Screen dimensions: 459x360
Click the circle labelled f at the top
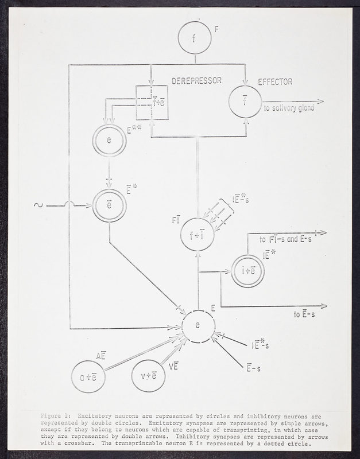(x=195, y=38)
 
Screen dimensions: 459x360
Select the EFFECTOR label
(x=276, y=82)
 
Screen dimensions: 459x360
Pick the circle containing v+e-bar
(x=149, y=376)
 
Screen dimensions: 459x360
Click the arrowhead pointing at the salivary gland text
(x=319, y=101)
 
